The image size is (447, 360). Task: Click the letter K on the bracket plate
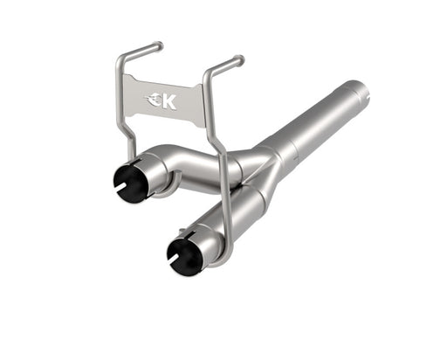pos(168,101)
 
